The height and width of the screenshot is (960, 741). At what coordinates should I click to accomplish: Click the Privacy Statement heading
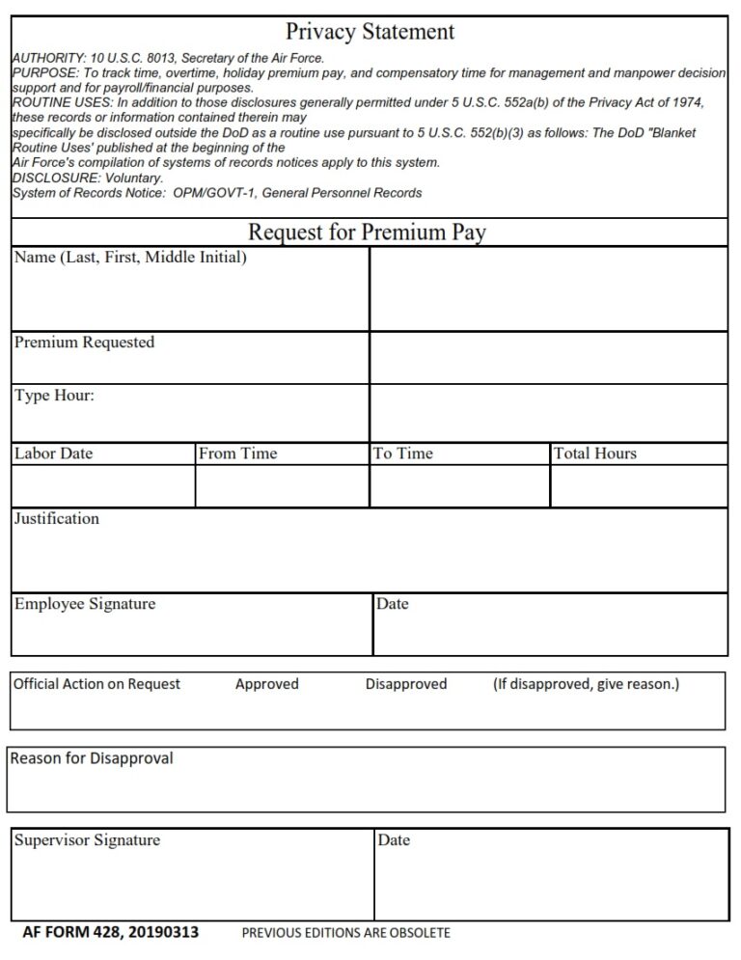[x=370, y=32]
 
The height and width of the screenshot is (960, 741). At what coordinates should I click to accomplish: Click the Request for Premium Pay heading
[x=368, y=233]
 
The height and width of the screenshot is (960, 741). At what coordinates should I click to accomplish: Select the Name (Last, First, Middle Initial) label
[x=130, y=258]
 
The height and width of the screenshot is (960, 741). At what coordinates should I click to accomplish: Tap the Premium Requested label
[x=84, y=343]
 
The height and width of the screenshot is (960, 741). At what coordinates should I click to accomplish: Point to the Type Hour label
[x=54, y=396]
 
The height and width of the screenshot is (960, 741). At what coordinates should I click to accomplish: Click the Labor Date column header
[x=54, y=453]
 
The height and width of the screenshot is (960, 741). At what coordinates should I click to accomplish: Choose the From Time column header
[x=237, y=453]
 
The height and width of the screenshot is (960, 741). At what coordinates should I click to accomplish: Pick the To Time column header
[x=403, y=453]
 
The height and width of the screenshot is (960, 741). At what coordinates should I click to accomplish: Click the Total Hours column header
[x=594, y=453]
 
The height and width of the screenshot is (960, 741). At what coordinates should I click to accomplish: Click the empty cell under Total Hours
[x=638, y=486]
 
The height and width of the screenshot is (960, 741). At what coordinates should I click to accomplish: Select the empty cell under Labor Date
[x=103, y=486]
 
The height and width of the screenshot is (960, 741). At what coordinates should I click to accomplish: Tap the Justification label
[x=57, y=519]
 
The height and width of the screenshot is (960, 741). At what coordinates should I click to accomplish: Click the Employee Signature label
[x=85, y=604]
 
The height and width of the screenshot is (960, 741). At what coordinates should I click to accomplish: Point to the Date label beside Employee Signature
[x=393, y=604]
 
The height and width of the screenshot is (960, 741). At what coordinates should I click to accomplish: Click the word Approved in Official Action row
[x=267, y=684]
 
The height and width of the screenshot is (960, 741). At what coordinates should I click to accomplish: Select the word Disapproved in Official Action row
[x=406, y=684]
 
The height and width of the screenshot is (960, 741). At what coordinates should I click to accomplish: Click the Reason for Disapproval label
[x=92, y=758]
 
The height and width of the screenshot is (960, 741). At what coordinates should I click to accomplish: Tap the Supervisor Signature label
[x=87, y=840]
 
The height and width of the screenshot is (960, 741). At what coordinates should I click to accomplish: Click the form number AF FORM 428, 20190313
[x=112, y=932]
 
